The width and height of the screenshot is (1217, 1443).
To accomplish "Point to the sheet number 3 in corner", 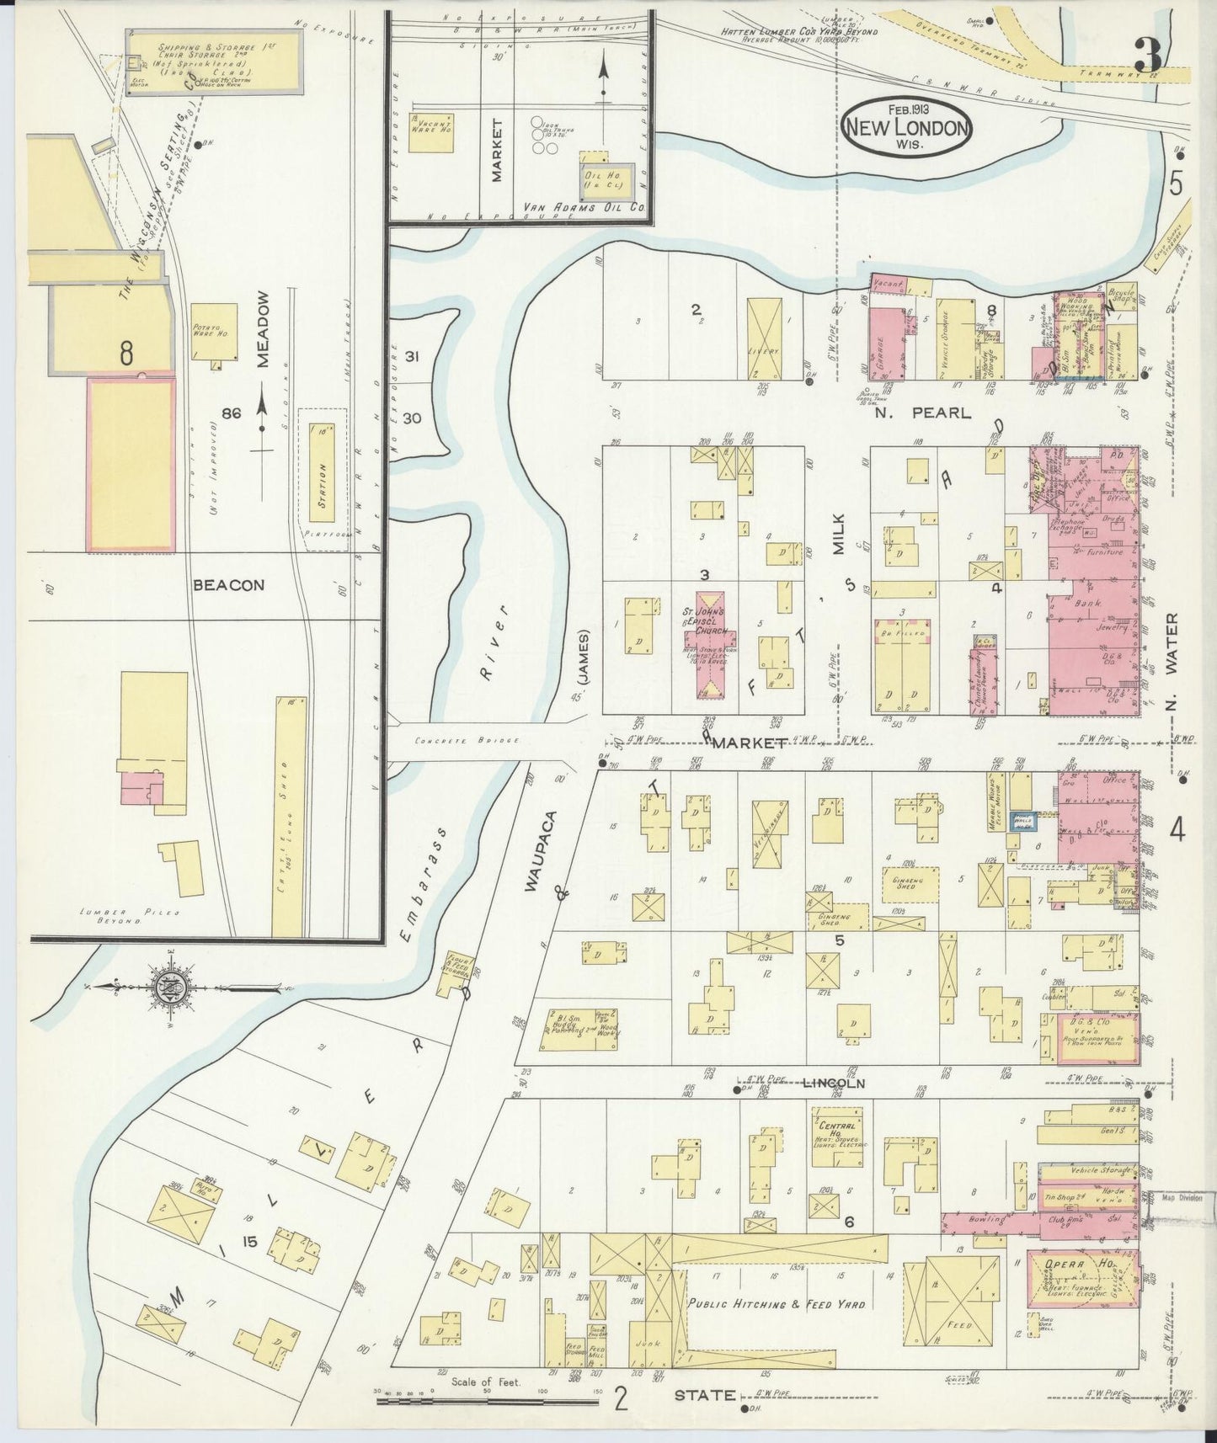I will (x=1147, y=56).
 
